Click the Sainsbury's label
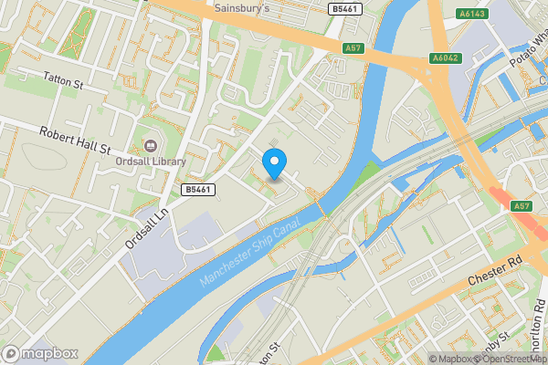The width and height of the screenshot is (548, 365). tap(243, 8)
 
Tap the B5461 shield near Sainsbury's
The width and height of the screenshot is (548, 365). tap(343, 8)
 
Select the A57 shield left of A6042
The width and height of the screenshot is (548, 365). tap(353, 47)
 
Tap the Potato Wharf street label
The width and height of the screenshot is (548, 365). tap(527, 62)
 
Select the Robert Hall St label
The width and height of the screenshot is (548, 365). tap(75, 139)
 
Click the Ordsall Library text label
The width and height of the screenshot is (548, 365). tap(152, 162)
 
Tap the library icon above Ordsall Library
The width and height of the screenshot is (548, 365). tap(152, 144)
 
